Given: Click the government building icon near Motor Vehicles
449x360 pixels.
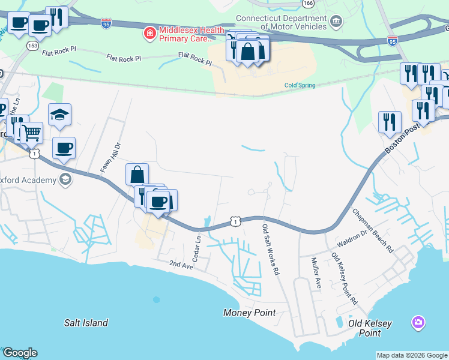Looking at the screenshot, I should (x=336, y=23).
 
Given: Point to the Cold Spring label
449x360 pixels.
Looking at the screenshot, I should (x=300, y=85).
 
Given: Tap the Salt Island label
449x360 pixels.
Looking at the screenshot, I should (x=86, y=323).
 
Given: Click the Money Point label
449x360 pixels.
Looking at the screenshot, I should (x=249, y=313).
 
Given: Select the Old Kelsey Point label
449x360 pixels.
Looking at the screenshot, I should (x=370, y=328).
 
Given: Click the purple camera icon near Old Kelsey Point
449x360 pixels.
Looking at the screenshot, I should (x=418, y=323).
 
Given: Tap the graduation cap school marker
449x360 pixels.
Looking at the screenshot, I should (x=60, y=115).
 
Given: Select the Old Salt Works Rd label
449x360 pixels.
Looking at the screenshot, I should (x=271, y=250).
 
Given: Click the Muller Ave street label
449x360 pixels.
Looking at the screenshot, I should (x=316, y=274).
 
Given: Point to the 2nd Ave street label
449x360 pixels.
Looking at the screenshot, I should (x=181, y=264).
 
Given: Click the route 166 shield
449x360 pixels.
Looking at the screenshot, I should (x=308, y=3).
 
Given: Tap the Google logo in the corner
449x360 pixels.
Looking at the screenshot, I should (x=20, y=353).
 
